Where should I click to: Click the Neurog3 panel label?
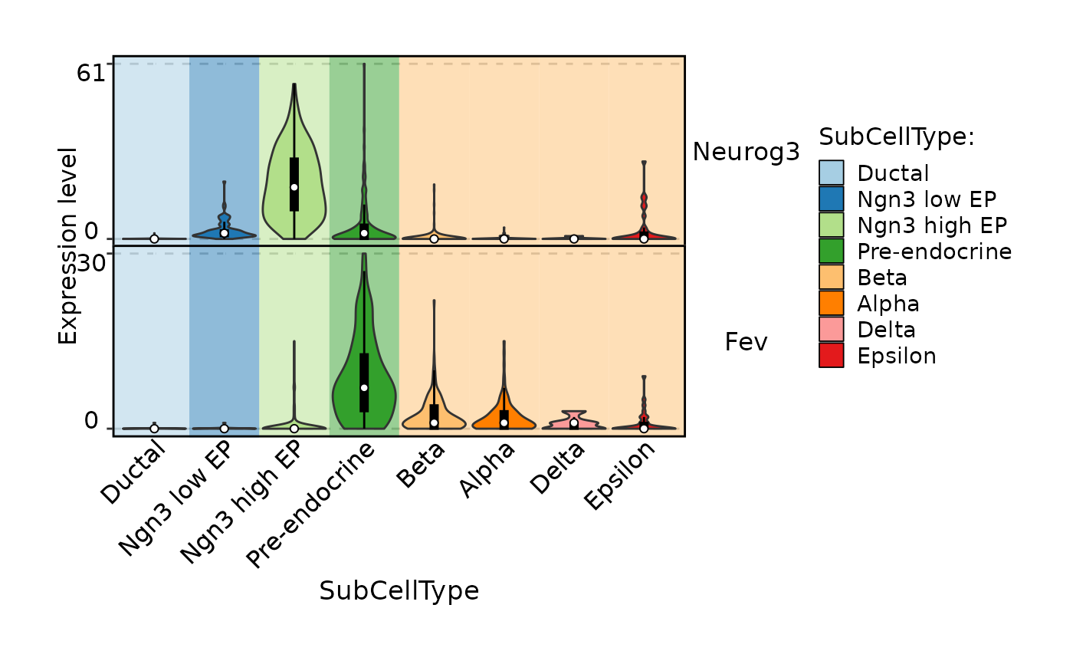746,152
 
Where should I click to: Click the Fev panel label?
746,342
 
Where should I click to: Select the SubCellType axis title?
399,591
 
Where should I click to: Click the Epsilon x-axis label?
620,475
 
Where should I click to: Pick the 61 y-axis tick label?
91,73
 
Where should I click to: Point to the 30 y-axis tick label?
91,264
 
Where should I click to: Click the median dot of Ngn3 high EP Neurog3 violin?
294,187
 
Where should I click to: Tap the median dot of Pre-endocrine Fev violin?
364,387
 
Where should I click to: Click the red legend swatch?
831,355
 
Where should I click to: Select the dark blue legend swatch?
831,199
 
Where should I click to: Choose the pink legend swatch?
831,329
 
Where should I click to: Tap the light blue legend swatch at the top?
831,173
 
